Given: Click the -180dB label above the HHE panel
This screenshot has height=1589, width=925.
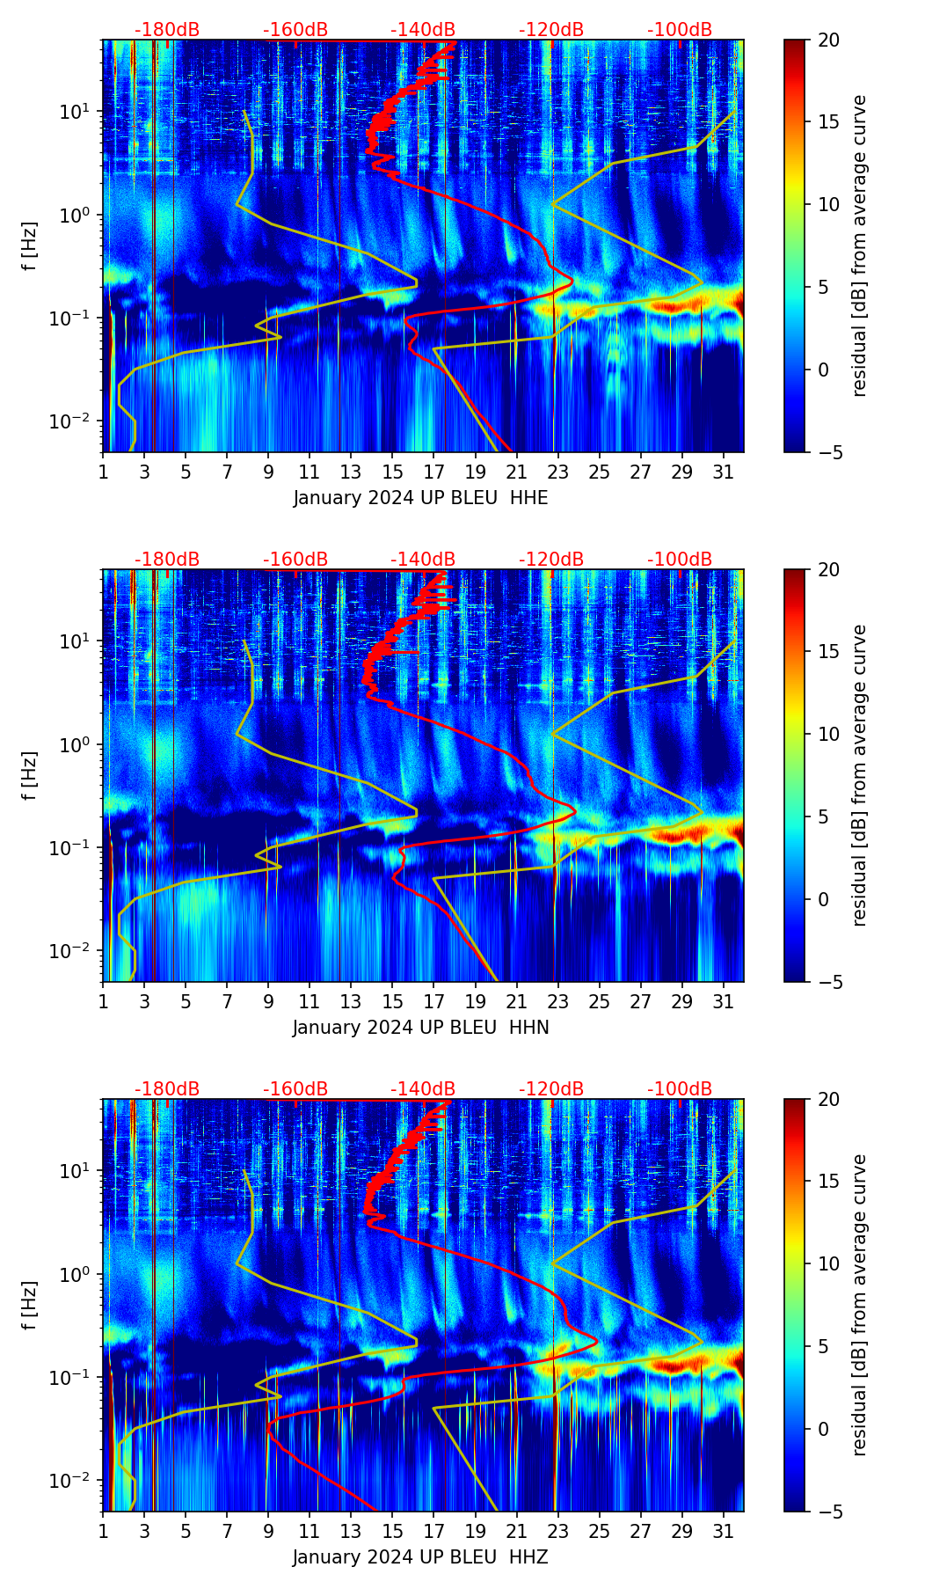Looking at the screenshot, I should [167, 30].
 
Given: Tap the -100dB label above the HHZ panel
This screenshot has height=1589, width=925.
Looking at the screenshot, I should [680, 1089].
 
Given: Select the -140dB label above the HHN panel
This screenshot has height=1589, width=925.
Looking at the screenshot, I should [423, 560].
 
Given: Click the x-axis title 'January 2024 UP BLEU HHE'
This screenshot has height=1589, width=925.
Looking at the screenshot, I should [420, 498].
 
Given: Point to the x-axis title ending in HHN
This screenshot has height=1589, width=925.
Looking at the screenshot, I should [420, 1028].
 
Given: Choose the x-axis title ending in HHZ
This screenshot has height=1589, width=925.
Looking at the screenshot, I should [420, 1557].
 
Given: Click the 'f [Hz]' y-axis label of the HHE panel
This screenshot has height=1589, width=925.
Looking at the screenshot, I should [31, 246].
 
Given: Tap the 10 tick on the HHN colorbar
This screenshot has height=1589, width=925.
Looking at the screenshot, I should [828, 734].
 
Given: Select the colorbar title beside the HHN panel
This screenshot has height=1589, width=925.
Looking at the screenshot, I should [859, 775].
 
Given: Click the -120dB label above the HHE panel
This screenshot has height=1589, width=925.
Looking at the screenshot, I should [551, 30].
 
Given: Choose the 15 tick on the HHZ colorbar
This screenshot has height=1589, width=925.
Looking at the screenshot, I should [828, 1182].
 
